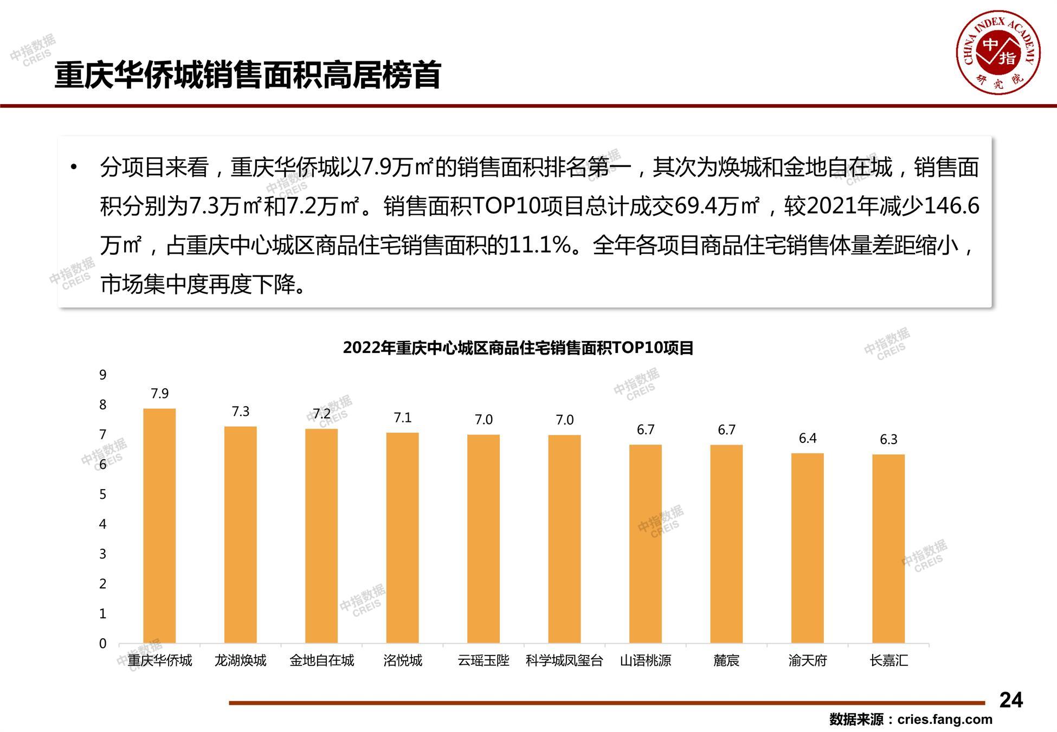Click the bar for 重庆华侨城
click(x=159, y=526)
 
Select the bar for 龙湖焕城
click(x=240, y=535)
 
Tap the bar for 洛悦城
click(x=402, y=538)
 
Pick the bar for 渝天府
click(x=807, y=548)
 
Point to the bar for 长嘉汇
click(x=888, y=549)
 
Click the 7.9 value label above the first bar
click(x=159, y=394)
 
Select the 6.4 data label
click(x=807, y=438)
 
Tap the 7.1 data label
click(x=402, y=418)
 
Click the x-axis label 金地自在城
click(x=321, y=660)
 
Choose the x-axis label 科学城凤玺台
click(x=564, y=660)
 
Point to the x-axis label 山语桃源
click(x=645, y=660)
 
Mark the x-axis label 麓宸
click(x=726, y=660)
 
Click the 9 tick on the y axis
click(x=102, y=375)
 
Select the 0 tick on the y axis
click(x=102, y=644)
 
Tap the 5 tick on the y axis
click(x=102, y=495)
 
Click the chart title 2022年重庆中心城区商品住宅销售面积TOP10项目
click(x=518, y=348)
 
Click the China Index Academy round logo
click(x=998, y=52)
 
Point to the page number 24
click(x=1011, y=700)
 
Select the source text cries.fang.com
click(x=944, y=720)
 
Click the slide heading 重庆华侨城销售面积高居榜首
click(x=248, y=75)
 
